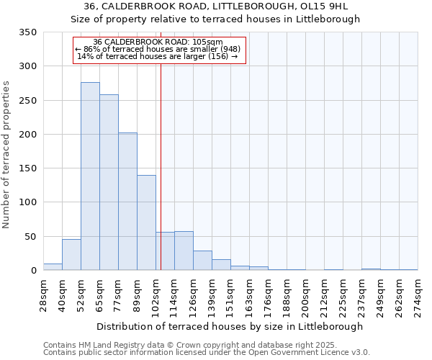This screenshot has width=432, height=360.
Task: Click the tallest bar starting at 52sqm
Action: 90,176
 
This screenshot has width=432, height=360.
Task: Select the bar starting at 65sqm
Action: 109,183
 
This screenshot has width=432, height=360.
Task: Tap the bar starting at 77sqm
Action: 127,202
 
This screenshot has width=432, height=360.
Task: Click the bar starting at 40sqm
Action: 71,255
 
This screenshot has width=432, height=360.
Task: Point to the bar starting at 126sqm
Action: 202,261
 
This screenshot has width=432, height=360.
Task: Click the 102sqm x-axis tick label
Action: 156,295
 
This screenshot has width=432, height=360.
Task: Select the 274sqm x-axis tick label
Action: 418,295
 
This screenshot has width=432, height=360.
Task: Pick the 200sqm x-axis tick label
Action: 305,295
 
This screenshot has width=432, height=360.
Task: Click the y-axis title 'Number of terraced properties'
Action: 6,155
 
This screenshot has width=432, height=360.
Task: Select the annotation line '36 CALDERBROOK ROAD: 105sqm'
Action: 158,42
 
